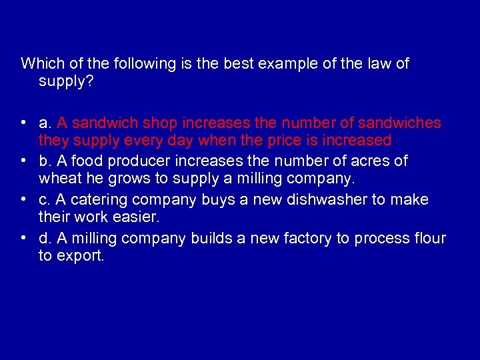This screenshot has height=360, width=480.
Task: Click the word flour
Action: coord(429,238)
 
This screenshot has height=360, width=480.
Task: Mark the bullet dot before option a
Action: coord(23,123)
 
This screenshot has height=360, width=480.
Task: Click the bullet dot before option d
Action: coord(23,238)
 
